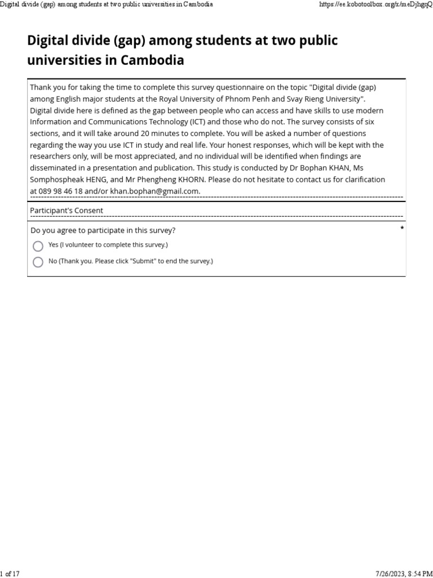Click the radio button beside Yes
[38, 246]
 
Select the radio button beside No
[38, 262]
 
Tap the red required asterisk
[402, 228]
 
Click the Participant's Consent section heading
[67, 211]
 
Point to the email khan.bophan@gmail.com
[154, 191]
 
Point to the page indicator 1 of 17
[10, 573]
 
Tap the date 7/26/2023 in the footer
[388, 573]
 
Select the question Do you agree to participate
[103, 230]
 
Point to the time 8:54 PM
[421, 573]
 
